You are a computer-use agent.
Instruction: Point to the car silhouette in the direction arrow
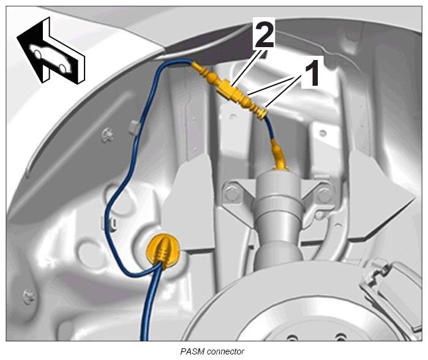tap(51, 58)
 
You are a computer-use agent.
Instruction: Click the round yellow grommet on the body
tap(163, 249)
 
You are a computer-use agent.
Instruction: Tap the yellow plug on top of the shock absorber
tap(279, 156)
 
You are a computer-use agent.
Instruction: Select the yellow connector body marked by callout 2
tap(230, 89)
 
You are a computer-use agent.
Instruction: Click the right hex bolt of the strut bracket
tap(325, 194)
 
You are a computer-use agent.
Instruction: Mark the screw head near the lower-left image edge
tap(28, 297)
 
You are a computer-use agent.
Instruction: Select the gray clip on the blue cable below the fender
tap(133, 127)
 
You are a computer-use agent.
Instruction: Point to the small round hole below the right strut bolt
tap(318, 216)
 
